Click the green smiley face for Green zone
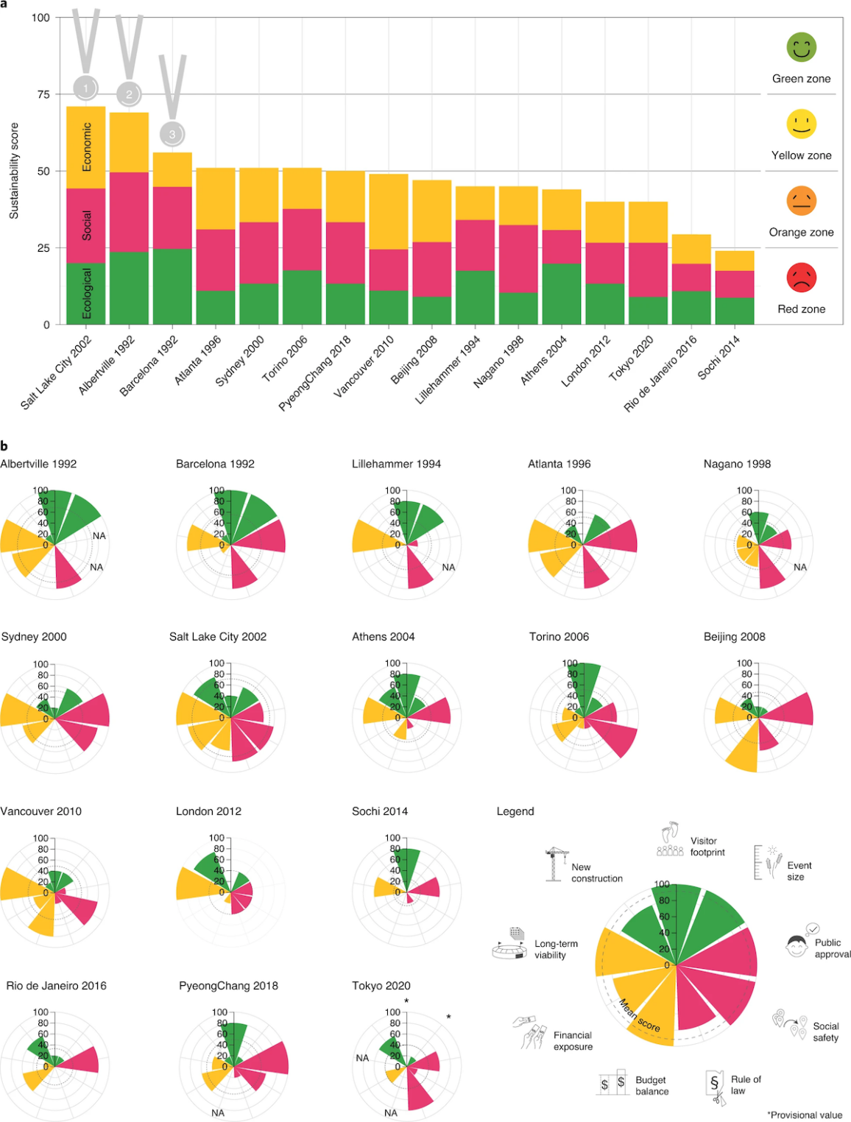(801, 47)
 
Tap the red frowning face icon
(801, 278)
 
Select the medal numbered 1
(85, 88)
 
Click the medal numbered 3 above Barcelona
(172, 134)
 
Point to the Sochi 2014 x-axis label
(718, 358)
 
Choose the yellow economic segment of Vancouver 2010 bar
(389, 212)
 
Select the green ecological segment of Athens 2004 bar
(562, 293)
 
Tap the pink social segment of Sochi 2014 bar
(735, 284)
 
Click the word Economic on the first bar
(87, 147)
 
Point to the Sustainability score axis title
(14, 171)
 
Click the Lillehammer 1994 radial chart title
(396, 464)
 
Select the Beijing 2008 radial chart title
(734, 637)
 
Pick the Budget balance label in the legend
(652, 1085)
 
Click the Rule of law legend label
(746, 1084)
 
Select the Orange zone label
(801, 232)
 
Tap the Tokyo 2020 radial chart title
(381, 986)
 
